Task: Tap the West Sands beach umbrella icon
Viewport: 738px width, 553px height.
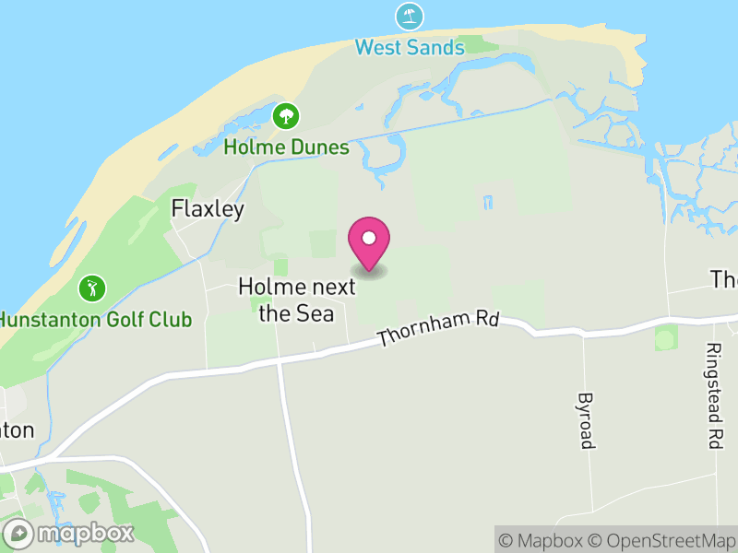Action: (410, 17)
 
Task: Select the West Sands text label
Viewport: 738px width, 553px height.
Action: (410, 47)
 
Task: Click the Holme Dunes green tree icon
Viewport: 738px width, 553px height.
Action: (286, 116)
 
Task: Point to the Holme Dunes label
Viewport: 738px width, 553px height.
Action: (286, 147)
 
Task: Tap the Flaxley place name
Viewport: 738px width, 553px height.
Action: (208, 209)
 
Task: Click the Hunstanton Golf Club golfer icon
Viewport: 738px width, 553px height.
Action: (92, 288)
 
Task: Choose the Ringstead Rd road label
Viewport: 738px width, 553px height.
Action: (712, 396)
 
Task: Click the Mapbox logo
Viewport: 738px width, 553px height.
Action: (70, 533)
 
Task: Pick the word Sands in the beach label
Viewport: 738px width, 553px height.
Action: (436, 47)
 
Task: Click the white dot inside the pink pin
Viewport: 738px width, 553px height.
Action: (369, 238)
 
